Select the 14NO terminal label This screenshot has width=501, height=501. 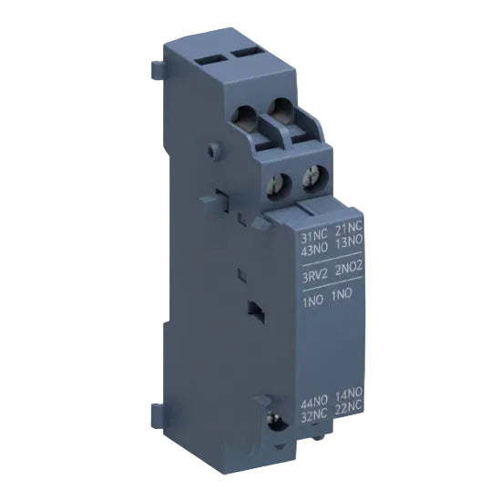click(x=350, y=404)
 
